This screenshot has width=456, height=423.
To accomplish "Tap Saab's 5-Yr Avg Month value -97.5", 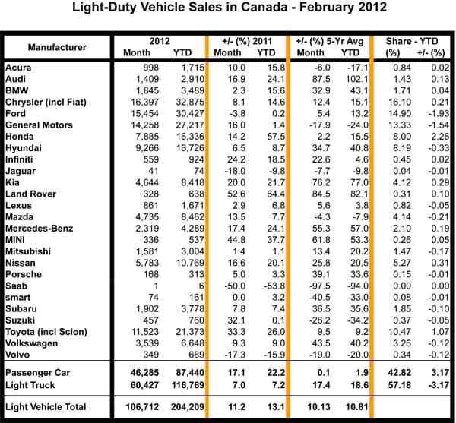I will [318, 297].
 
